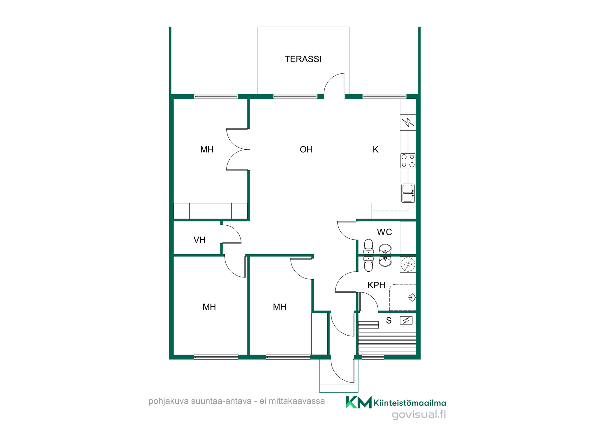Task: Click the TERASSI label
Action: (303, 59)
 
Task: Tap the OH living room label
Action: (306, 149)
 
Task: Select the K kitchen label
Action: (375, 149)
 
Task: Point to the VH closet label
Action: (199, 240)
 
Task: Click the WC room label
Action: (384, 232)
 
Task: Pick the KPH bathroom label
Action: (376, 285)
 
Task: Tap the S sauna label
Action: (389, 321)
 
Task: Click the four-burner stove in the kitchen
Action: (408, 160)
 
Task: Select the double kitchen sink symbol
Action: (408, 193)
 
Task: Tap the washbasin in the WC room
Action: (385, 249)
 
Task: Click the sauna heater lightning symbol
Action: (406, 320)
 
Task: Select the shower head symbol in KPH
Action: (412, 297)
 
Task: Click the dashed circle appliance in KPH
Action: (408, 264)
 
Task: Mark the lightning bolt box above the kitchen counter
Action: (408, 122)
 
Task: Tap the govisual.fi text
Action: (419, 414)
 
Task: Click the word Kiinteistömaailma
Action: (410, 403)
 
